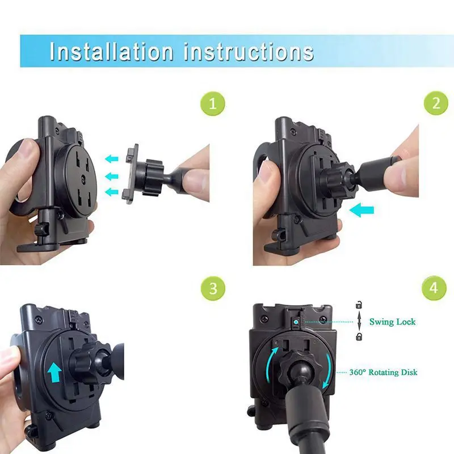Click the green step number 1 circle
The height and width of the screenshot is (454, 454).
[213, 104]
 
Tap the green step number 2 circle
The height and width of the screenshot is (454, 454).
[436, 103]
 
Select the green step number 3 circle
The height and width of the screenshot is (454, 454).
[213, 288]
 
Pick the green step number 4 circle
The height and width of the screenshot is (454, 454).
[434, 288]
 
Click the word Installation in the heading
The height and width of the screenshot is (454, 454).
[111, 52]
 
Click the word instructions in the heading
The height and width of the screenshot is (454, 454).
[249, 52]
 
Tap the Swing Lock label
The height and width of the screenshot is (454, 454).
[392, 322]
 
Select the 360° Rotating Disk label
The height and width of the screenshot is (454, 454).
[384, 372]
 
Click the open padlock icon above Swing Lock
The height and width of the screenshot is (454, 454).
[359, 305]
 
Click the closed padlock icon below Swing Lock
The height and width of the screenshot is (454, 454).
[359, 337]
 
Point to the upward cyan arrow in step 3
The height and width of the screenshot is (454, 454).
[54, 373]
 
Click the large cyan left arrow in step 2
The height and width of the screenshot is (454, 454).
[361, 210]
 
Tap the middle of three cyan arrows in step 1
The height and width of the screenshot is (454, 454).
[111, 176]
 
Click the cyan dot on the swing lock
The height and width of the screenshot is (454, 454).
[296, 322]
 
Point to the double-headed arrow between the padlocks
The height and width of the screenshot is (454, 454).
[359, 321]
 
